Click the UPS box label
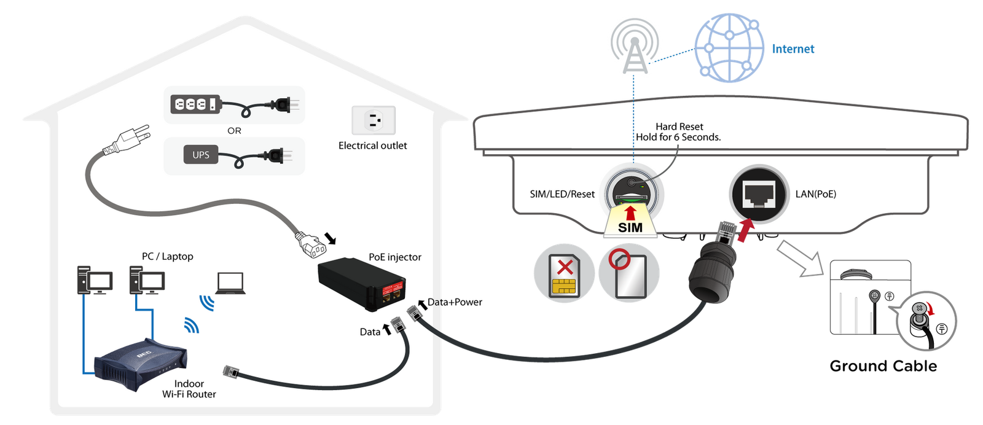[200, 155]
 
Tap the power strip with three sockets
[195, 104]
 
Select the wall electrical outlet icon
[373, 120]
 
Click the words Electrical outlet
[372, 146]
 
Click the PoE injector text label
[394, 257]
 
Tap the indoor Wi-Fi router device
[141, 364]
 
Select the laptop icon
[230, 284]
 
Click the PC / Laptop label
[167, 256]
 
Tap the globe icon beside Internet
[729, 48]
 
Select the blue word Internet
[793, 49]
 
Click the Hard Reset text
[679, 127]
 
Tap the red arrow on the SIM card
[630, 212]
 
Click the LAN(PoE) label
[815, 194]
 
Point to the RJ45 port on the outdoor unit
[759, 193]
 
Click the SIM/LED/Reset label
[562, 194]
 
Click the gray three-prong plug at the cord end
[129, 140]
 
